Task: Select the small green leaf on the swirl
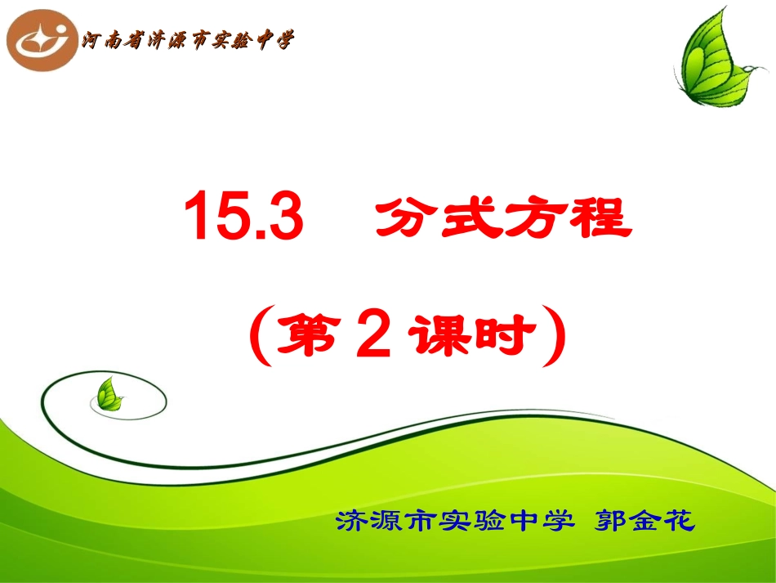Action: [109, 396]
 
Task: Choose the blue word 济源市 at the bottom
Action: [382, 522]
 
